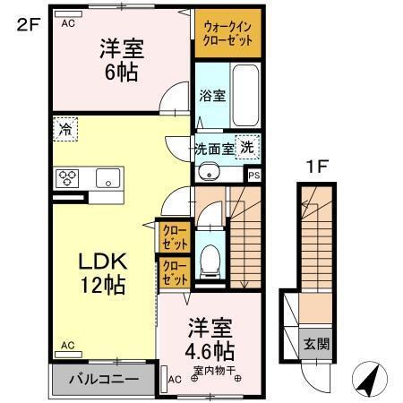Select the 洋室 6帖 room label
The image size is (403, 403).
119,61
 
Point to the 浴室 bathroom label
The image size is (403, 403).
211,92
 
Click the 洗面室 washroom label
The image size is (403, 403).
215,149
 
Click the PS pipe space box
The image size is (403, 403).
254,176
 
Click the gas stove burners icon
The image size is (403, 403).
68,177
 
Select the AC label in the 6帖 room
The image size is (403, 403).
67,24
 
